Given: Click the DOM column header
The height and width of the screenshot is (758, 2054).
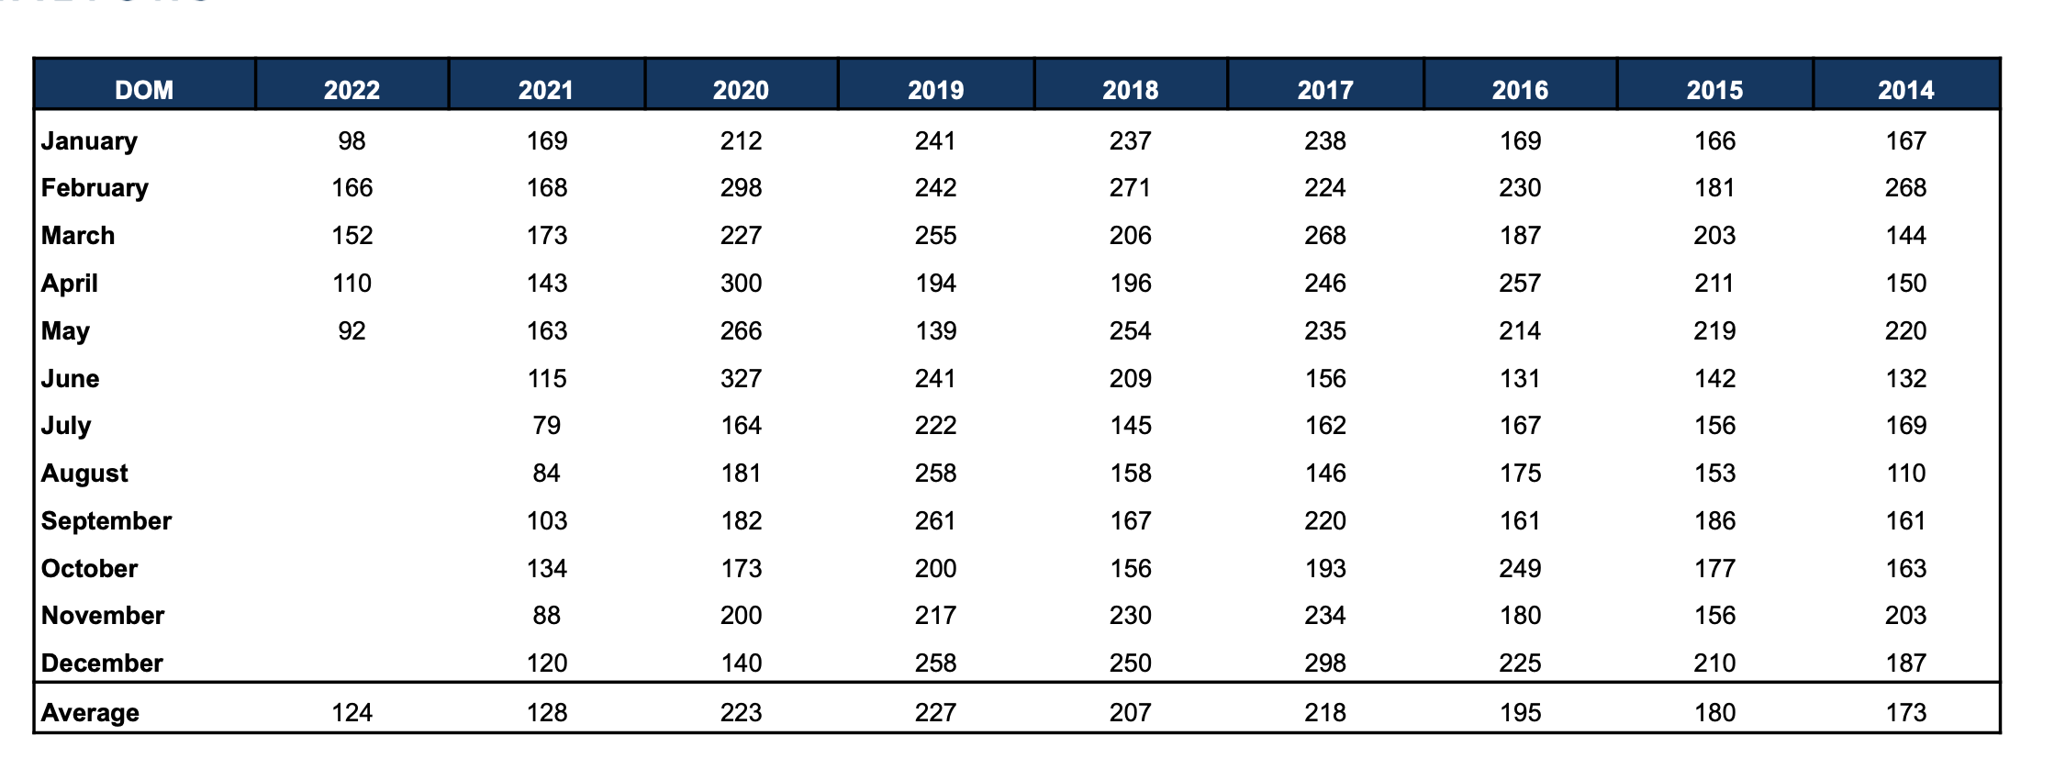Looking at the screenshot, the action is pyautogui.click(x=144, y=90).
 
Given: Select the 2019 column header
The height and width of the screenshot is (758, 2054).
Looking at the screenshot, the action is pyautogui.click(x=935, y=90).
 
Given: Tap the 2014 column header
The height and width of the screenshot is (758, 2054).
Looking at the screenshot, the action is pyautogui.click(x=1905, y=90).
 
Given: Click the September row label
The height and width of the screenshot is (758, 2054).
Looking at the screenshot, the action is pyautogui.click(x=106, y=521).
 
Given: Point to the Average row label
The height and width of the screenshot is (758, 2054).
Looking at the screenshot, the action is pyautogui.click(x=90, y=713).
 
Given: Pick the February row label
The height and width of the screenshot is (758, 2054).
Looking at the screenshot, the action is pyautogui.click(x=95, y=188).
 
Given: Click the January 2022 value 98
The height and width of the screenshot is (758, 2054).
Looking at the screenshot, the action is pyautogui.click(x=352, y=141).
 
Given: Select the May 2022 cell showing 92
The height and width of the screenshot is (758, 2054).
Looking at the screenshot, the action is pyautogui.click(x=352, y=331).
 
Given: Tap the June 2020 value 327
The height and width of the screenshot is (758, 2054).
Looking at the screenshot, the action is pyautogui.click(x=741, y=379).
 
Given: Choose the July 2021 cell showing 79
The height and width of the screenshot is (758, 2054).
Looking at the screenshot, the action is pyautogui.click(x=546, y=426).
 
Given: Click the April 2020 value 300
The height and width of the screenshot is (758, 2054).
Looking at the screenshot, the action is pyautogui.click(x=741, y=284).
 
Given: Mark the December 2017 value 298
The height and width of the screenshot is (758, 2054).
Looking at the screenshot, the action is pyautogui.click(x=1325, y=663).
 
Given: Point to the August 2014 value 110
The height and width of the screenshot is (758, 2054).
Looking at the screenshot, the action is pyautogui.click(x=1905, y=474).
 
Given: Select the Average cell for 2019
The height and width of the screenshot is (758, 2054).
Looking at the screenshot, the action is pyautogui.click(x=935, y=713).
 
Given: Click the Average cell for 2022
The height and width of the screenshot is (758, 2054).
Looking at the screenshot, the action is pyautogui.click(x=352, y=713).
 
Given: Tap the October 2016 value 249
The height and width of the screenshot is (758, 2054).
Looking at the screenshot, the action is pyautogui.click(x=1520, y=569).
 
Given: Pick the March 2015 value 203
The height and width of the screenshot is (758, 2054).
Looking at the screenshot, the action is pyautogui.click(x=1714, y=236).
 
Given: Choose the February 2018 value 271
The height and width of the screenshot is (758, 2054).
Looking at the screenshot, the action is pyautogui.click(x=1130, y=188).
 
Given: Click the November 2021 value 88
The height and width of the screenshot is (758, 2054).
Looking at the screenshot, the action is pyautogui.click(x=546, y=616).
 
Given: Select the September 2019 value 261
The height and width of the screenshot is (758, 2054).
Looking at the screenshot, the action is pyautogui.click(x=935, y=521).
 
